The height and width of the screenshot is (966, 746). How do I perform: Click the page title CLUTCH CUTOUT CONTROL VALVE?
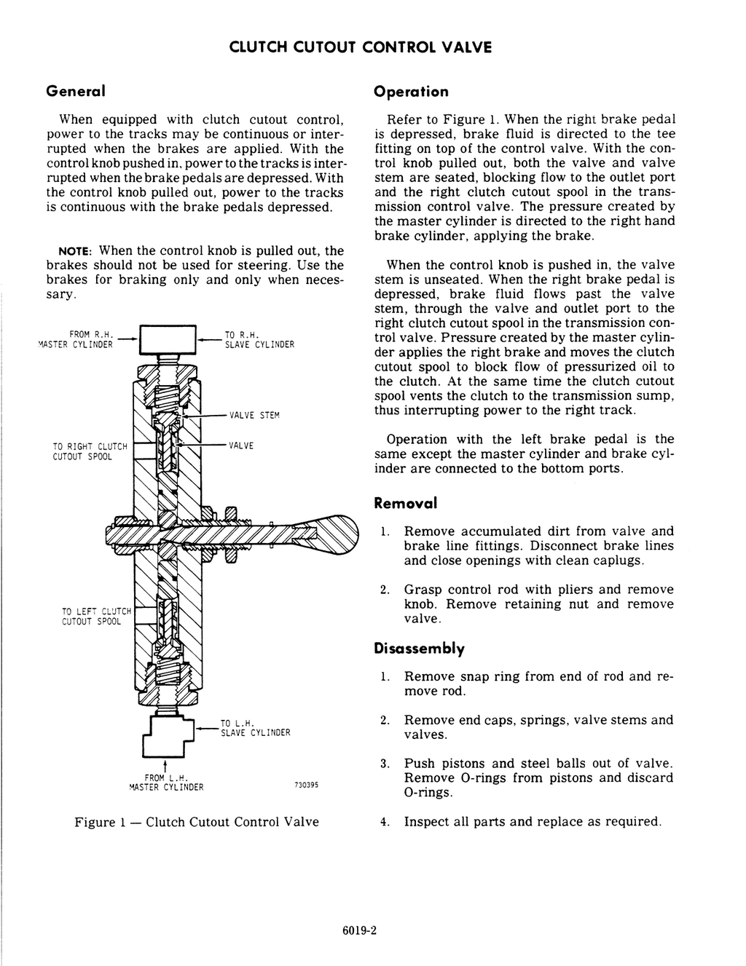click(x=361, y=47)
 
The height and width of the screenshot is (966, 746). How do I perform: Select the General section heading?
click(x=76, y=92)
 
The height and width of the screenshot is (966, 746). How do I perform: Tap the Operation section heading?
click(x=411, y=92)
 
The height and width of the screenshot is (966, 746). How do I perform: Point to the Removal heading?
click(x=405, y=503)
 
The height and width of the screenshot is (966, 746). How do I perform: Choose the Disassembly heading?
click(x=419, y=649)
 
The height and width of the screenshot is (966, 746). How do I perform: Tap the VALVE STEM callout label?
click(x=254, y=416)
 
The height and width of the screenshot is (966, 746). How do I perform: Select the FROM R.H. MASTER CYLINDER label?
click(x=77, y=340)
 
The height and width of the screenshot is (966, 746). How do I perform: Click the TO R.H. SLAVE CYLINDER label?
click(x=259, y=340)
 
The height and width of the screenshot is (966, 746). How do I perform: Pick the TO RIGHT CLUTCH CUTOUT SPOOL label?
click(x=90, y=451)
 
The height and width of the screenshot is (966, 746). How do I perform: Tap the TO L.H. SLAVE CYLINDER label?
click(x=255, y=728)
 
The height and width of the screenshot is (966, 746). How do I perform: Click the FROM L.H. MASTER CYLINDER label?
click(x=166, y=783)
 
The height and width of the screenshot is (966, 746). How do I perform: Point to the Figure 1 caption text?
click(x=197, y=822)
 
